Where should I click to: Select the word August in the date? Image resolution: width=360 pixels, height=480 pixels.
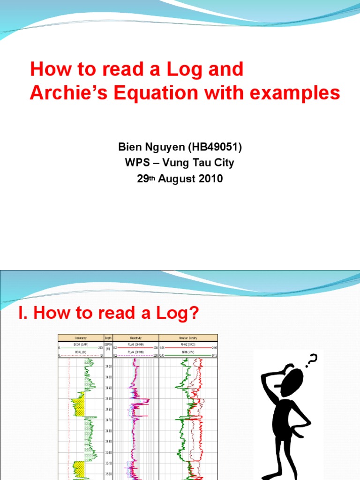(x=179, y=179)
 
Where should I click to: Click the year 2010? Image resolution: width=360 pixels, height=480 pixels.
(x=210, y=179)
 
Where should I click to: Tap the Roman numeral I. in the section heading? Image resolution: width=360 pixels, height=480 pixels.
(x=23, y=314)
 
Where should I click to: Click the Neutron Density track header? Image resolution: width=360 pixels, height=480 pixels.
(x=188, y=337)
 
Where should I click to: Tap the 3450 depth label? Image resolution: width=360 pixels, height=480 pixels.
(x=108, y=399)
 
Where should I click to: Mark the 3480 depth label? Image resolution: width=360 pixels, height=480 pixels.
(x=108, y=431)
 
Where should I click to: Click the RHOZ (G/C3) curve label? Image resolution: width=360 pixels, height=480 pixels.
(x=188, y=344)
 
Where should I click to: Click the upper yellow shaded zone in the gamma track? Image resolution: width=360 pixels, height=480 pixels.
(x=78, y=404)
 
